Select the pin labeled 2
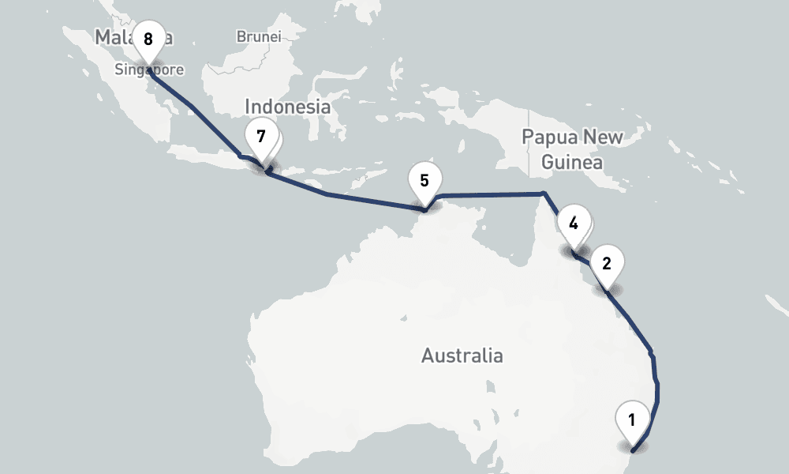(x=606, y=264)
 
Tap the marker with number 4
(x=574, y=223)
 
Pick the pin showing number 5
(x=424, y=180)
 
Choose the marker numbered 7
(x=261, y=137)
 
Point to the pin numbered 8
(x=148, y=39)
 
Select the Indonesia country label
(x=286, y=107)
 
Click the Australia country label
(x=462, y=355)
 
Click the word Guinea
(x=571, y=164)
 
